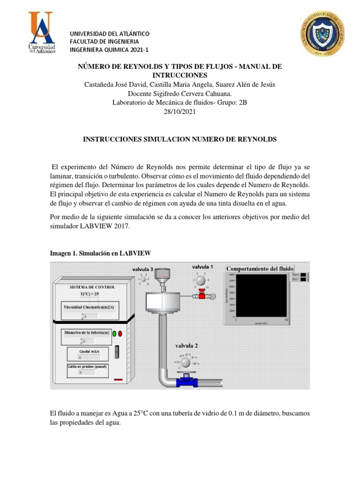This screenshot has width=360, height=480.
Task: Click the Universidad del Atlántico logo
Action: coord(42,32)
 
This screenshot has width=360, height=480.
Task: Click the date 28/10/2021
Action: coord(180,112)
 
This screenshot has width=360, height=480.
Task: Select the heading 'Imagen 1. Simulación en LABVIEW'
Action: coord(100,253)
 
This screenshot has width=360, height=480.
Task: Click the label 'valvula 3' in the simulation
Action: coord(142,269)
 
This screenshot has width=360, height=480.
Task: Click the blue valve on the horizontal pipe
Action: coord(186,381)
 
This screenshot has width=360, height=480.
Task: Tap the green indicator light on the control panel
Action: coord(114,334)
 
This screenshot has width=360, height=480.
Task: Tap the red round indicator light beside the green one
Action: coord(120,334)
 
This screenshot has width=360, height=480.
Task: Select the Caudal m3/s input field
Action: coord(90,357)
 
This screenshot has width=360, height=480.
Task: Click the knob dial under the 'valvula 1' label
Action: coord(201,280)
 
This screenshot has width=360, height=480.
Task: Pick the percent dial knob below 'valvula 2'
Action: coord(186,363)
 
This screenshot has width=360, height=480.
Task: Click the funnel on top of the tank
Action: coord(162,277)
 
